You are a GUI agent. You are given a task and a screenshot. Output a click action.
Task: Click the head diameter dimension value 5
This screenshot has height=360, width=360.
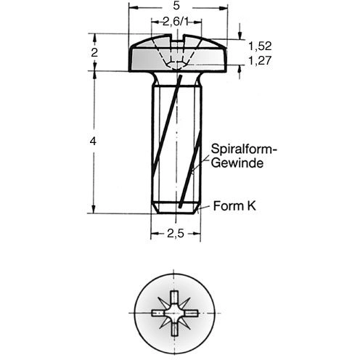pyautogui.click(x=176, y=6)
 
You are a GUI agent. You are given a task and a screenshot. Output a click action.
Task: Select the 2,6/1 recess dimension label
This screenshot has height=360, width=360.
pyautogui.click(x=176, y=22)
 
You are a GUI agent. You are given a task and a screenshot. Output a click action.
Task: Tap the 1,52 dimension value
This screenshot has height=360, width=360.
pyautogui.click(x=260, y=46)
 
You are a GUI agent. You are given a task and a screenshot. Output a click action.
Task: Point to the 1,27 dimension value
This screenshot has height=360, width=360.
pyautogui.click(x=260, y=60)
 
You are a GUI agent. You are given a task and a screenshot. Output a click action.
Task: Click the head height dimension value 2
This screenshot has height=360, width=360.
pyautogui.click(x=94, y=52)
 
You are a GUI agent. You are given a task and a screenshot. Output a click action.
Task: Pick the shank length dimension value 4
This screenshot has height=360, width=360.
pyautogui.click(x=93, y=141)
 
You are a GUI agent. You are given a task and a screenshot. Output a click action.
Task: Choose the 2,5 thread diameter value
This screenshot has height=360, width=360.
pyautogui.click(x=176, y=234)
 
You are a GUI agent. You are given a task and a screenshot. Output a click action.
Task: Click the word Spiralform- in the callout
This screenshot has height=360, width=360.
pyautogui.click(x=244, y=150)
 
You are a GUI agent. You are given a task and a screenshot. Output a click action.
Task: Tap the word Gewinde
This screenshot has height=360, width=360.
pyautogui.click(x=237, y=163)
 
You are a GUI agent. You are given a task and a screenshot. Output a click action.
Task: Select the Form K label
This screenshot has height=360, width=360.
pyautogui.click(x=234, y=206)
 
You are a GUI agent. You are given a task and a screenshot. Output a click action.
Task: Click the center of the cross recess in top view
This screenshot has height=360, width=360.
pyautogui.click(x=175, y=314)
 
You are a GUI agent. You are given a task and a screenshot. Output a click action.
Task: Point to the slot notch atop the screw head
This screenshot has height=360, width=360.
pyautogui.click(x=178, y=38)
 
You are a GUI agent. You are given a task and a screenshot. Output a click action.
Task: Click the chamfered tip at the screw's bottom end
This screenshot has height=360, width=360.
pyautogui.click(x=176, y=208)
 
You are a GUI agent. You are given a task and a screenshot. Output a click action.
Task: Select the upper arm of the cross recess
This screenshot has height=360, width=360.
pyautogui.click(x=175, y=298)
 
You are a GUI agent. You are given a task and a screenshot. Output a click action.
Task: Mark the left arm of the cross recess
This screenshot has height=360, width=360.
pyautogui.click(x=158, y=314)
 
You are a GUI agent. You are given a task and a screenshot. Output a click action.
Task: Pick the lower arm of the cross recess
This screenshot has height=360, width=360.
pyautogui.click(x=175, y=329)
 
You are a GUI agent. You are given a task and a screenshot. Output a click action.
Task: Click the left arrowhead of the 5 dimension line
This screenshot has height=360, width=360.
pyautogui.click(x=134, y=8)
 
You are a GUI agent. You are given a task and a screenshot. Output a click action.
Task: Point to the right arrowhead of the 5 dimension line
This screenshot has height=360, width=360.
pyautogui.click(x=223, y=8)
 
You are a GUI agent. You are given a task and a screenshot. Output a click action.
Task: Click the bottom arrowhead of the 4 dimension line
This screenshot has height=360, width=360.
pyautogui.click(x=94, y=209)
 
